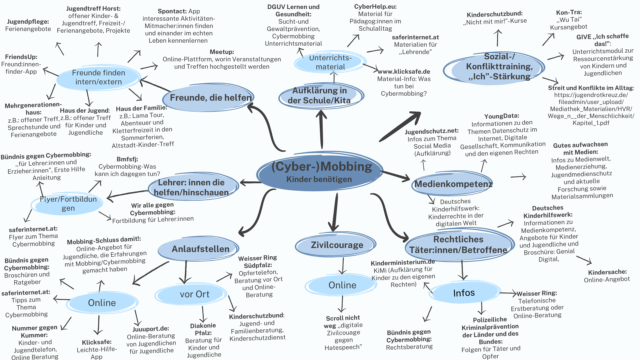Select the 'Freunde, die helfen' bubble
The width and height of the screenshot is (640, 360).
pos(210,98)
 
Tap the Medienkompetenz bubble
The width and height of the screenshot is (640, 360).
pos(453,184)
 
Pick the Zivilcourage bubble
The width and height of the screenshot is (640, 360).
pos(337,245)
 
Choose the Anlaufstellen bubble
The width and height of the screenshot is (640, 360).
pos(200,249)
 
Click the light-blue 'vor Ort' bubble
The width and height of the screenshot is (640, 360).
pos(194,294)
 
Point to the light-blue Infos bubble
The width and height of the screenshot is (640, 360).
pos(464,293)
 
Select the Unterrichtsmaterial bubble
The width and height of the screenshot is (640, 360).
pos(330,62)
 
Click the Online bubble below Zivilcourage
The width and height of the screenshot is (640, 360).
pos(342,285)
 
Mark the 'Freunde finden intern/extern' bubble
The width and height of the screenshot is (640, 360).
pos(98,77)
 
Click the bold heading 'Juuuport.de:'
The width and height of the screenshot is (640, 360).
pos(151,329)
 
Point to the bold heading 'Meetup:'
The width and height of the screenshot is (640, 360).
pos(222,52)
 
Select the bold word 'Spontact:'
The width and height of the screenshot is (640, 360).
pos(172,11)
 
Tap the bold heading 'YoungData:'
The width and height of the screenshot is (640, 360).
pos(502,116)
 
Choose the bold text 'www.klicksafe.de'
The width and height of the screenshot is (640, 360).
pos(404,72)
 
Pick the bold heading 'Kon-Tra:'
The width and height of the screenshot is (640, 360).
pos(569,12)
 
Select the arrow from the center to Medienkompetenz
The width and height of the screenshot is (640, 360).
pos(396,176)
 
